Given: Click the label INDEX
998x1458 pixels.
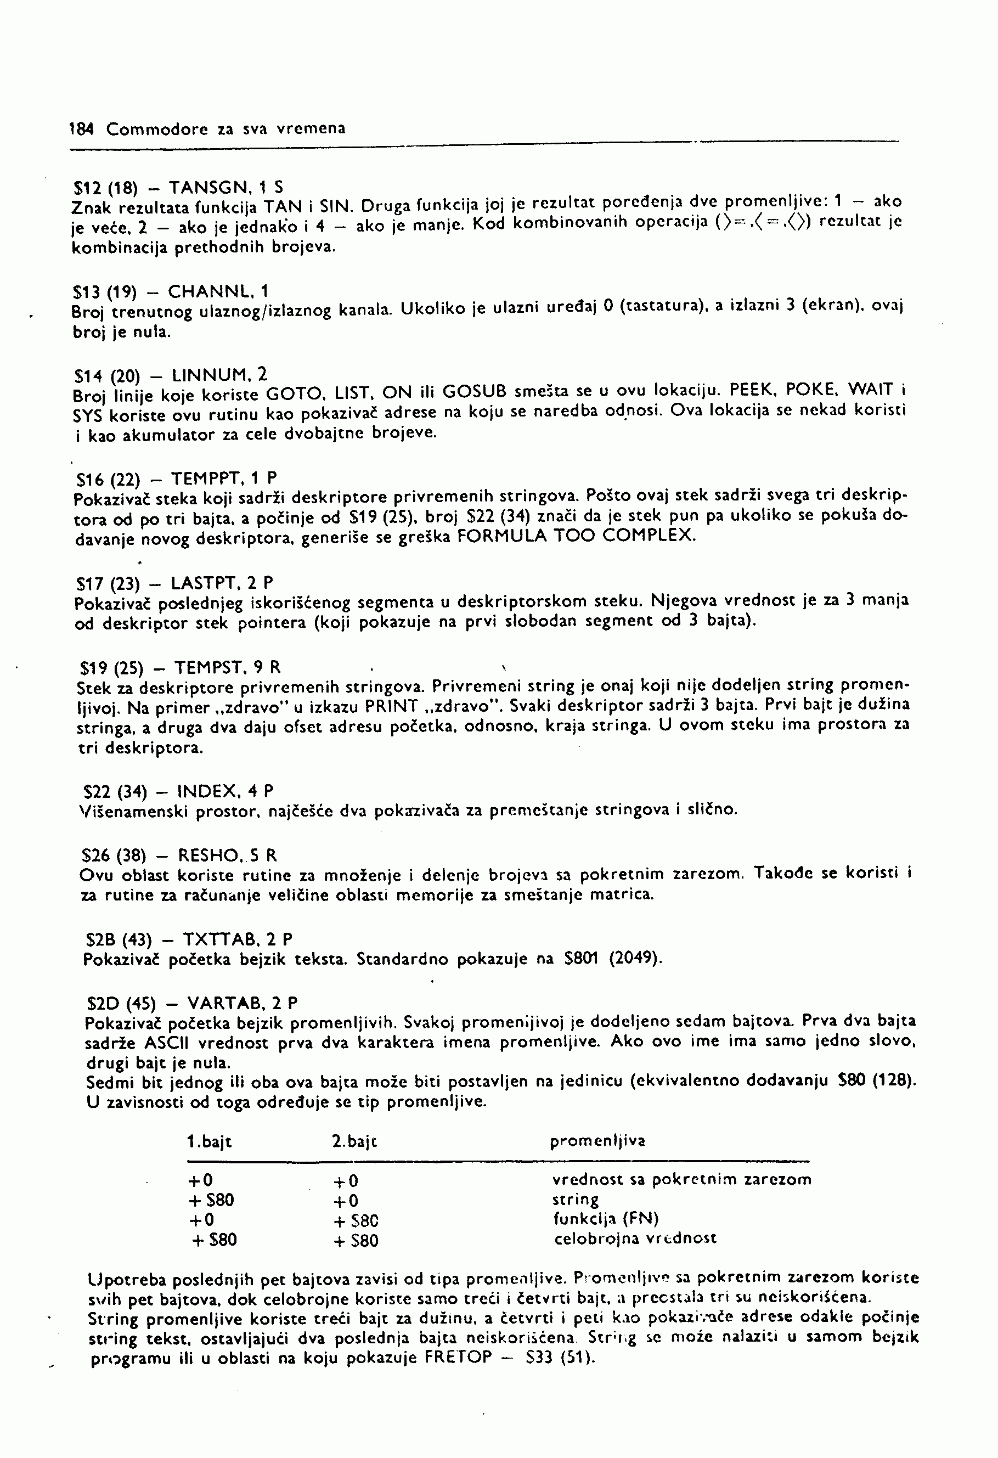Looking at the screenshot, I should pos(207,791).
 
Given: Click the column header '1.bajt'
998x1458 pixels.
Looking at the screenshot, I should pos(210,1142).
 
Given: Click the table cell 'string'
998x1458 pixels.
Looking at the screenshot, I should pos(575,1200).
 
